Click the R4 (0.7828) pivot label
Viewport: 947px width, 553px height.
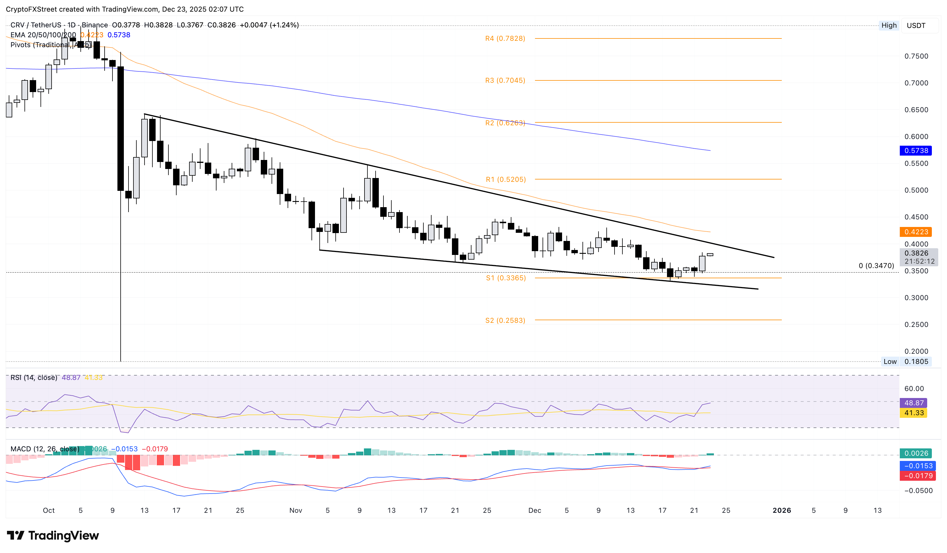coord(505,38)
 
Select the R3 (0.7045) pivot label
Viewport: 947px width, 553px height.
coord(505,80)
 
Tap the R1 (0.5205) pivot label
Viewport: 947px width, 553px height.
coord(506,179)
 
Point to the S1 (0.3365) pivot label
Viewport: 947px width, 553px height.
coord(506,278)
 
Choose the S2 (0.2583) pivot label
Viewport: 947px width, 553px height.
coord(505,320)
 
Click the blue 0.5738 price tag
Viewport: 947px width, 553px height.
coord(916,151)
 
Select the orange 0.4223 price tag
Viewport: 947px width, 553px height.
coord(916,232)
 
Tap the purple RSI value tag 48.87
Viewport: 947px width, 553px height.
coord(913,403)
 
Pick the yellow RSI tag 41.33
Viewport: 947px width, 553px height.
coord(913,413)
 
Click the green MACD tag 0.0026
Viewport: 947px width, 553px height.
coord(916,453)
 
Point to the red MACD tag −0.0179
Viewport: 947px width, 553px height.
coord(916,476)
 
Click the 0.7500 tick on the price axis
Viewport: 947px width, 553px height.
coord(916,56)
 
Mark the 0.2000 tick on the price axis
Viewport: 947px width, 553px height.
coord(916,351)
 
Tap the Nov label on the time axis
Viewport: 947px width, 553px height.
coord(295,510)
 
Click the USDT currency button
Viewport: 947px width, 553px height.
coord(916,26)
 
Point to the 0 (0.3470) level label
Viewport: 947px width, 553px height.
coord(876,266)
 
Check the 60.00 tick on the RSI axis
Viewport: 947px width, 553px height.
coord(913,388)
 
